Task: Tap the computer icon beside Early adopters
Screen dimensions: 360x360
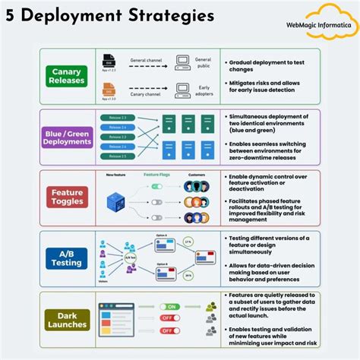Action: pos(182,90)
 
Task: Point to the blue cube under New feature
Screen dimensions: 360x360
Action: pos(115,202)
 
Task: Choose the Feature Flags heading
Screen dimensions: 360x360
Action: pos(156,175)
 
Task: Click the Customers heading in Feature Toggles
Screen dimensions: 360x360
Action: pos(196,175)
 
